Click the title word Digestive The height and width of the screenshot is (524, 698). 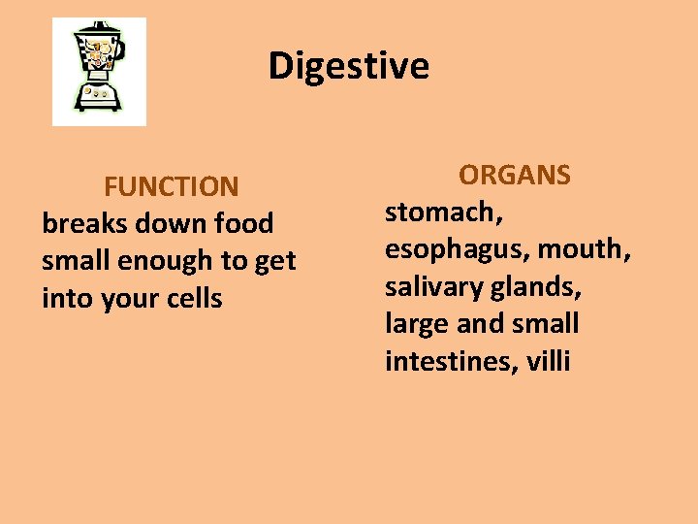coord(348,66)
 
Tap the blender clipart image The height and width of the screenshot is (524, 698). coord(99,71)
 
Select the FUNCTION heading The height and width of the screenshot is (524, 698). coord(172,185)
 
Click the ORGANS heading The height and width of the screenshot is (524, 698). coord(515,175)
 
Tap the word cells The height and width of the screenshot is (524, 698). coord(194,298)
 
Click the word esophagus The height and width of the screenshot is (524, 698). coord(457,250)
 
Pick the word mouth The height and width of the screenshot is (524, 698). coord(584,249)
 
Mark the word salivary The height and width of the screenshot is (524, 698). coord(431,287)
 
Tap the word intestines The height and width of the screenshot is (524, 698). coord(451,362)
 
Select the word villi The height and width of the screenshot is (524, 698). coord(549,362)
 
